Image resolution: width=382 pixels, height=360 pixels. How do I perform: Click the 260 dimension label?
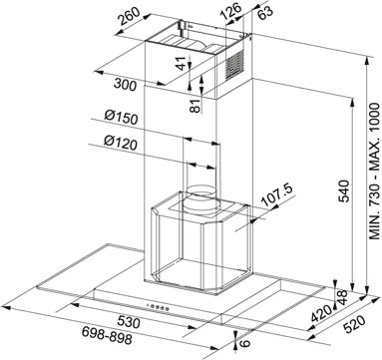(x=130, y=17)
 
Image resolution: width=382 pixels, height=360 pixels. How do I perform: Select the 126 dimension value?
(x=230, y=12)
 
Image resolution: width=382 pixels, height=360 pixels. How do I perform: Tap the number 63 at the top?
(x=265, y=12)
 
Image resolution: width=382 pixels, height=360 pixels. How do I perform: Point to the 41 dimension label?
(x=181, y=63)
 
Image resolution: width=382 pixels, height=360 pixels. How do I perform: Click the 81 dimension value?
(x=196, y=105)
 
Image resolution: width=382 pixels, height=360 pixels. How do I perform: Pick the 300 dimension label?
(x=125, y=85)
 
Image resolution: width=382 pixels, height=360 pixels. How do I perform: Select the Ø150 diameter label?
(x=121, y=118)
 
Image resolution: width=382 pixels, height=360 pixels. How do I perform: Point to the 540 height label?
(x=343, y=190)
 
